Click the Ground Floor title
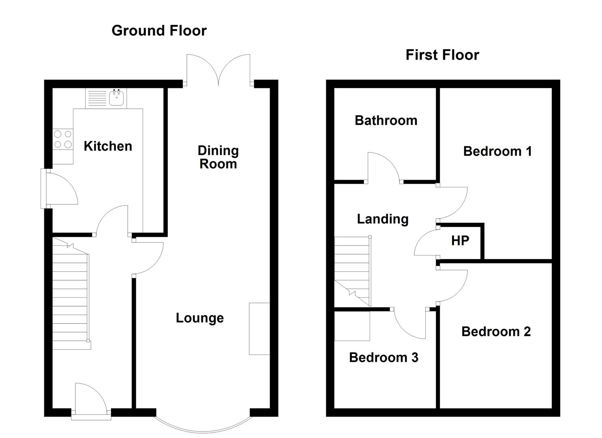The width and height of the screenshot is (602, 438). pos(159,31)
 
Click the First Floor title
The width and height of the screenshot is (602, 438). pos(442,55)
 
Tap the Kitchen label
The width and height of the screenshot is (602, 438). pos(108,146)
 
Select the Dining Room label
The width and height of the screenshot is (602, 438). pos(218,157)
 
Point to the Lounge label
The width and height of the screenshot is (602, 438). pos(200,318)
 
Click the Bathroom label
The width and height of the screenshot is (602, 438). pos(386,120)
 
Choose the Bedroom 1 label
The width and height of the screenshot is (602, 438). pos(497,151)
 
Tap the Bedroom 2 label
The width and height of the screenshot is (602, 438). pos(496,331)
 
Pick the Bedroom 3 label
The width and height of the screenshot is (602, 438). pos(384,358)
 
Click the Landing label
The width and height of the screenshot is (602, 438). pos(383,219)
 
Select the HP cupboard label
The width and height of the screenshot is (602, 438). pos(460,240)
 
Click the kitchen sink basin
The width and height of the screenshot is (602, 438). pos(117,98)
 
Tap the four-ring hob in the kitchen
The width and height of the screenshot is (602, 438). pos(63,139)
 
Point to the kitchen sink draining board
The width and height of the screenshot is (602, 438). pos(97,98)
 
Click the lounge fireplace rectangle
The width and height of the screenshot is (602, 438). pos(259,329)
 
